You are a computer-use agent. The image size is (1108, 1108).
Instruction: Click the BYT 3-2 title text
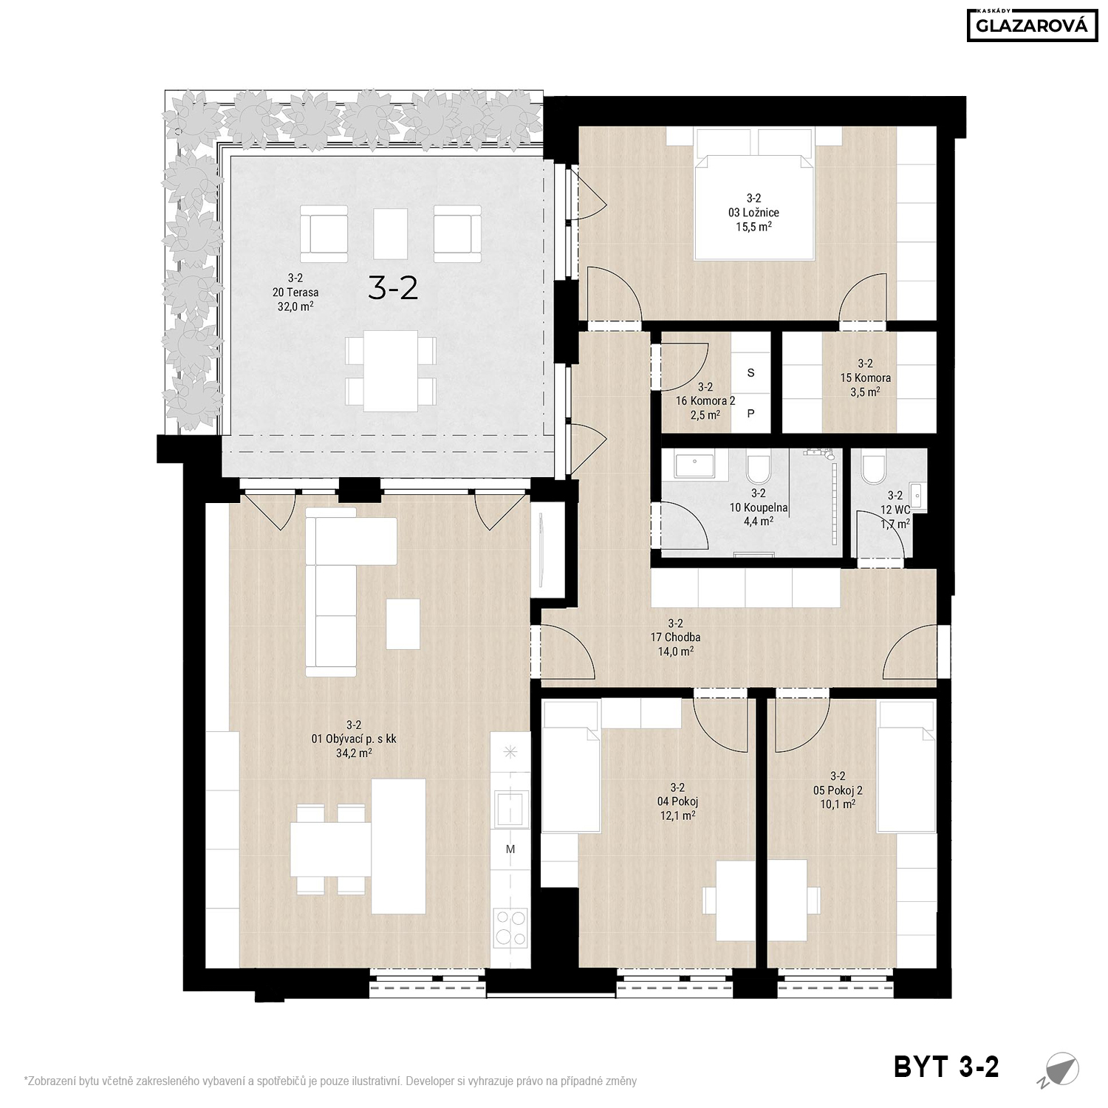(x=946, y=1067)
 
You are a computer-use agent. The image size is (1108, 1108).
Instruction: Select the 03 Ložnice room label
(x=753, y=213)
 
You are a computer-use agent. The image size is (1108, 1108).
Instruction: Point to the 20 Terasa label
(x=295, y=293)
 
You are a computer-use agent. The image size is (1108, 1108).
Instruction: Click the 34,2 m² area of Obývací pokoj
(x=354, y=753)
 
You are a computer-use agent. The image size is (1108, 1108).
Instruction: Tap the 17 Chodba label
(x=675, y=637)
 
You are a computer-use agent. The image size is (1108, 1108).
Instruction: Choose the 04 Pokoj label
(x=677, y=801)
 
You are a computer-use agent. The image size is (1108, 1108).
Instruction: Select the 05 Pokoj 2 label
(x=838, y=790)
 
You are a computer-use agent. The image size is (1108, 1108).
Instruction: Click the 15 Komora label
(x=865, y=378)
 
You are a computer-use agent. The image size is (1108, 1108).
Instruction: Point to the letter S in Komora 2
(x=751, y=373)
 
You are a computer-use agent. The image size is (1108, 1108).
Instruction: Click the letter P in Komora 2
(x=751, y=414)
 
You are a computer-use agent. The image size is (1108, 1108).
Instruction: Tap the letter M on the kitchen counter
(x=510, y=849)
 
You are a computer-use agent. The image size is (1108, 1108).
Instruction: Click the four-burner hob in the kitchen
(x=510, y=927)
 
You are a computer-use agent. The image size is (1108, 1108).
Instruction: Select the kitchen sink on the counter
(x=510, y=807)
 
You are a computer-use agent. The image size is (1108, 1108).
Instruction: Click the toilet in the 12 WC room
(x=874, y=467)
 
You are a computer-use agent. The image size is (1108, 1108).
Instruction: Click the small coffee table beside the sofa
(x=403, y=624)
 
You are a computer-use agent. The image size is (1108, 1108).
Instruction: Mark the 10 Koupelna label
(x=759, y=508)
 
